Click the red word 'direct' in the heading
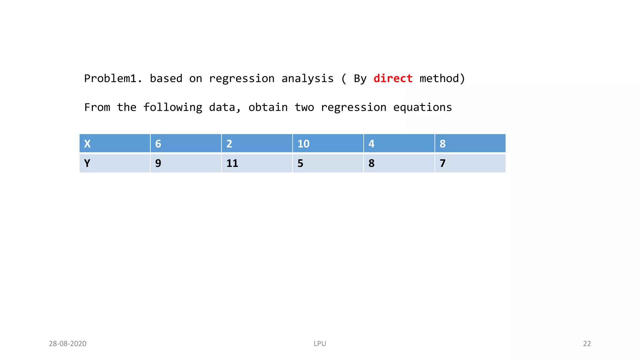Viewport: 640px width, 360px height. [393, 78]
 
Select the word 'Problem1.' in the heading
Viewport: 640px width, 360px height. [113, 78]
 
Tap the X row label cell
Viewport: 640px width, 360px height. [115, 143]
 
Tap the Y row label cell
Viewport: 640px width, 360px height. [115, 163]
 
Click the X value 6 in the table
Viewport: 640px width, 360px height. [186, 143]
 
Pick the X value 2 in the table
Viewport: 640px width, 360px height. [257, 143]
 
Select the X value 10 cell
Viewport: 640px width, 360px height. [328, 143]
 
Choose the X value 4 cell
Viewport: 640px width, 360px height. [399, 143]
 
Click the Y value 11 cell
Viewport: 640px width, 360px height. [257, 163]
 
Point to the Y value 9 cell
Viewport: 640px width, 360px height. [186, 163]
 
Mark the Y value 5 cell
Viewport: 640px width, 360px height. [328, 163]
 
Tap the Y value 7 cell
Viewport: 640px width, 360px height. [470, 163]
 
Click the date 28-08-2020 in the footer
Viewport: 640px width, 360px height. [67, 344]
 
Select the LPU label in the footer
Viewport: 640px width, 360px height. [320, 344]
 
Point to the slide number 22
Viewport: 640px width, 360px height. [587, 344]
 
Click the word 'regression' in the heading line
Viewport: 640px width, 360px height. [242, 78]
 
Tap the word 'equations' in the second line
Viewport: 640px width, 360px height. [422, 107]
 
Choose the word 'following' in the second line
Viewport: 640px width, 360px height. [172, 107]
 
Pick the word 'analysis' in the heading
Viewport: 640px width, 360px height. [307, 78]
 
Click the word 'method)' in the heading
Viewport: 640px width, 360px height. [442, 78]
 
